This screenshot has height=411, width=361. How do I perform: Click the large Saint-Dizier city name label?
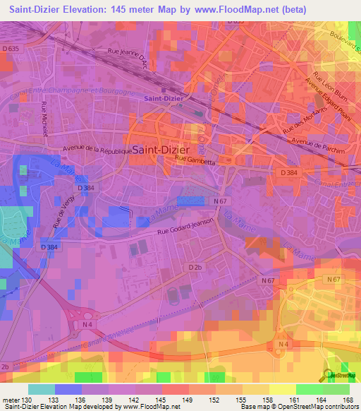point(161,150)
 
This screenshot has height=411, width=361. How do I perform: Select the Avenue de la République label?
point(97,149)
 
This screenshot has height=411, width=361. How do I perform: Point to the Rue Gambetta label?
point(195,160)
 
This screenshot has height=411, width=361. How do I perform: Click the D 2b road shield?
point(195,267)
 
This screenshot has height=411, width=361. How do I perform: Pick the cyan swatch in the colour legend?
point(41,389)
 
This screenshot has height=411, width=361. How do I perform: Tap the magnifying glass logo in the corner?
point(329,374)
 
